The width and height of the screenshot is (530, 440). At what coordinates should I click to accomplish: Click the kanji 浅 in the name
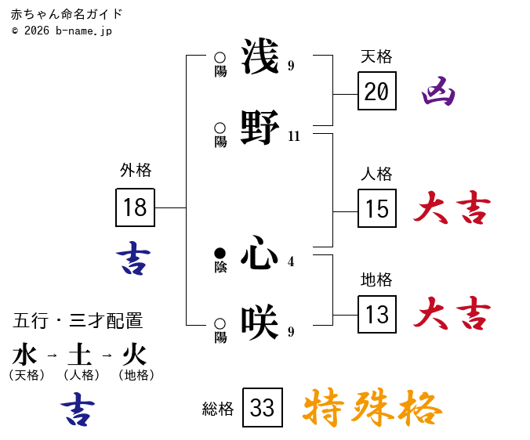coord(260,56)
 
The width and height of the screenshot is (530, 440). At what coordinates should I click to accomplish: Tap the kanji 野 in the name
coord(260,127)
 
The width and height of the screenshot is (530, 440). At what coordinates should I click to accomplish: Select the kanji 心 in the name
coord(260,252)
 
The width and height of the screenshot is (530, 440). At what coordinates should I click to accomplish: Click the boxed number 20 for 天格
coord(377,92)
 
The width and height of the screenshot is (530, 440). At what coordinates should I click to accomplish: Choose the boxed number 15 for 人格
coord(377,208)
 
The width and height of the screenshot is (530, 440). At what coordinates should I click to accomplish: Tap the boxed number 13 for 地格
coord(377,315)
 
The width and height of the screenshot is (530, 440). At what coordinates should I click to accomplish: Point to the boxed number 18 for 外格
coord(135,207)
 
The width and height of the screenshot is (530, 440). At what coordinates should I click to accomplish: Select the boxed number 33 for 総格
coord(263,408)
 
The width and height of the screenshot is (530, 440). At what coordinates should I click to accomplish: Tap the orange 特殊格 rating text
coord(372,408)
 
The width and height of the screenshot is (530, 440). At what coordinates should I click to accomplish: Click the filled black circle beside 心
coord(220,253)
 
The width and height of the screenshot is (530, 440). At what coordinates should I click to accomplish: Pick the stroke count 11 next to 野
coord(294,136)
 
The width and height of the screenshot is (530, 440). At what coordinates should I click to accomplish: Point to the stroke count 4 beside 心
coord(291,261)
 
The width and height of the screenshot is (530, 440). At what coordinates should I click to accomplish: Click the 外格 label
coord(136,170)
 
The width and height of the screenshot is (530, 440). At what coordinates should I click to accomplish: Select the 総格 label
coord(218,409)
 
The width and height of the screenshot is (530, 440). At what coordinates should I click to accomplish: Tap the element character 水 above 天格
coord(25,355)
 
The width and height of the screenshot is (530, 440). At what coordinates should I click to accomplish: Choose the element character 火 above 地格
coord(135,355)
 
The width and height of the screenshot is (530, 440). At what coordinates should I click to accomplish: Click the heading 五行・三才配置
coord(78,321)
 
